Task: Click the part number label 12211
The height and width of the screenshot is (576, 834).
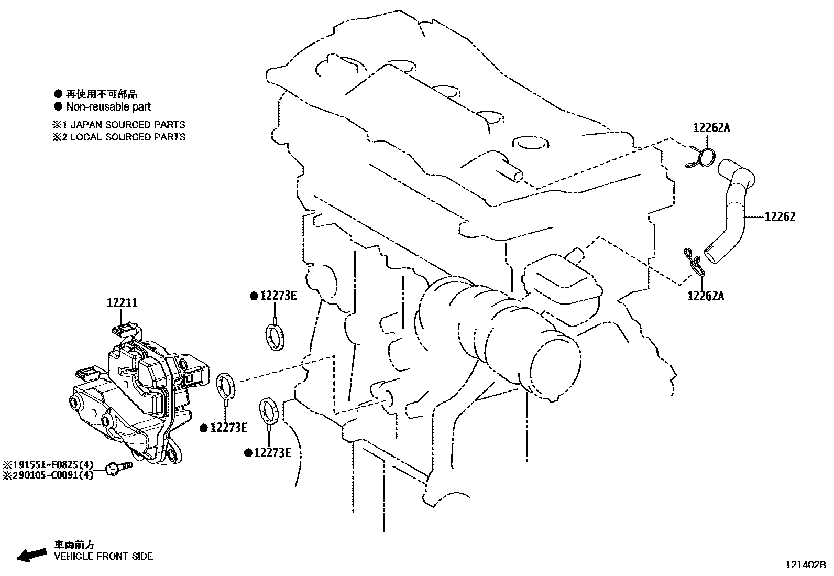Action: click(122, 303)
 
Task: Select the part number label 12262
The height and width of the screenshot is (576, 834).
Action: click(780, 217)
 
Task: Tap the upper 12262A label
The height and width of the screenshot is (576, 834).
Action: click(711, 127)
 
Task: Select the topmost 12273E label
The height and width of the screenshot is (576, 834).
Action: click(278, 296)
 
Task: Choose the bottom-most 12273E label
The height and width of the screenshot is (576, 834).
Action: click(271, 452)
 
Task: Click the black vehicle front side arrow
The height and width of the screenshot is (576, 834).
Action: click(30, 554)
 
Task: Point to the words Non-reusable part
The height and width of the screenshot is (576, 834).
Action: click(108, 107)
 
